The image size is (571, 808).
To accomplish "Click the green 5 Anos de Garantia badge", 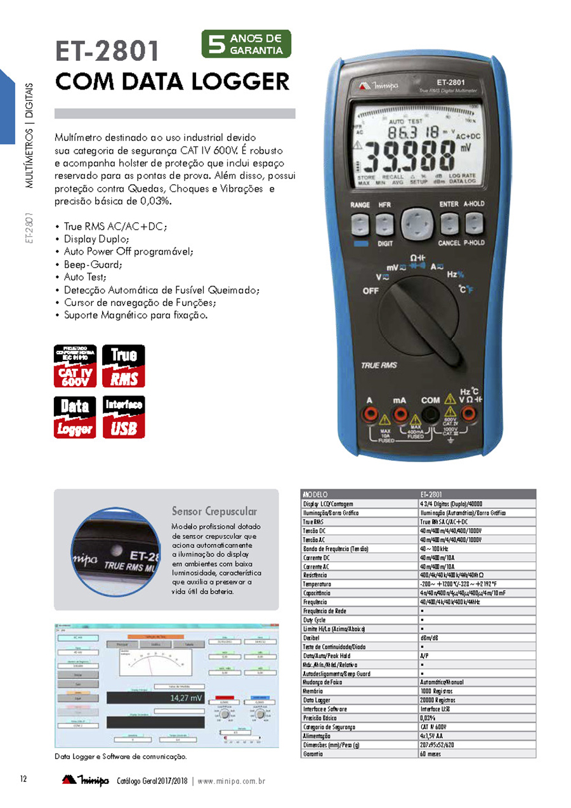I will [246, 44].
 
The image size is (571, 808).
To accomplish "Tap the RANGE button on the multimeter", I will [360, 223].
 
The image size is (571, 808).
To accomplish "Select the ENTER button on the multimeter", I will [449, 223].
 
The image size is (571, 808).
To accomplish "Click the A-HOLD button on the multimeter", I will [473, 223].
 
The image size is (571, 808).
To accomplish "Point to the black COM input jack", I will [431, 414].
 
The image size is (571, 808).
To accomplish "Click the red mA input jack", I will [400, 414].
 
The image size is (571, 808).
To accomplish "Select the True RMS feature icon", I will [124, 366].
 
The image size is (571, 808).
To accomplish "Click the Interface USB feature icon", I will [124, 416].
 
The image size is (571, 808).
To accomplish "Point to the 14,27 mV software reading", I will [187, 698].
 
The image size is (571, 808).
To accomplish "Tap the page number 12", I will [23, 779].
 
